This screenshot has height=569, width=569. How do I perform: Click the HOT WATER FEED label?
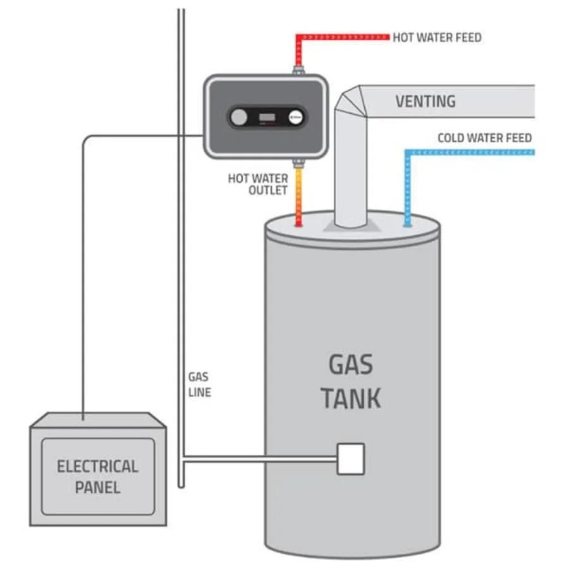click(x=437, y=37)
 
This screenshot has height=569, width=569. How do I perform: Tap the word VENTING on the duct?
click(x=425, y=101)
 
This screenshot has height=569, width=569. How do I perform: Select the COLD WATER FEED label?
click(x=484, y=138)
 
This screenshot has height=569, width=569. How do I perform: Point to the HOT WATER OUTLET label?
click(x=257, y=184)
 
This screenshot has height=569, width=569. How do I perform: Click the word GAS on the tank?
click(x=350, y=365)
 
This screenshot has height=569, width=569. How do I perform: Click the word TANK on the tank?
click(x=350, y=398)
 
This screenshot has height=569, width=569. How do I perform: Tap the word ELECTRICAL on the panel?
click(x=97, y=467)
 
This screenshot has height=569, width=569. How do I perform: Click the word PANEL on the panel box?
click(x=97, y=487)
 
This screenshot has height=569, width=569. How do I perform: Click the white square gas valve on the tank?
click(x=351, y=458)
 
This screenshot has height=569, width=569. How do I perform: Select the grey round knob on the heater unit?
click(x=239, y=118)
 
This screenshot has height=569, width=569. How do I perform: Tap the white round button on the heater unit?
click(x=296, y=118)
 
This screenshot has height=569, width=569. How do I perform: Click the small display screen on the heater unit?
click(x=267, y=118)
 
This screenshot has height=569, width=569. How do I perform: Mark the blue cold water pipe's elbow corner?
click(x=408, y=152)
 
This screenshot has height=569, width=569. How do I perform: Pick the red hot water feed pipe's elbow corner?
click(x=298, y=37)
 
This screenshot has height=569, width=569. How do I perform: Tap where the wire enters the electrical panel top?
click(x=83, y=417)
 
